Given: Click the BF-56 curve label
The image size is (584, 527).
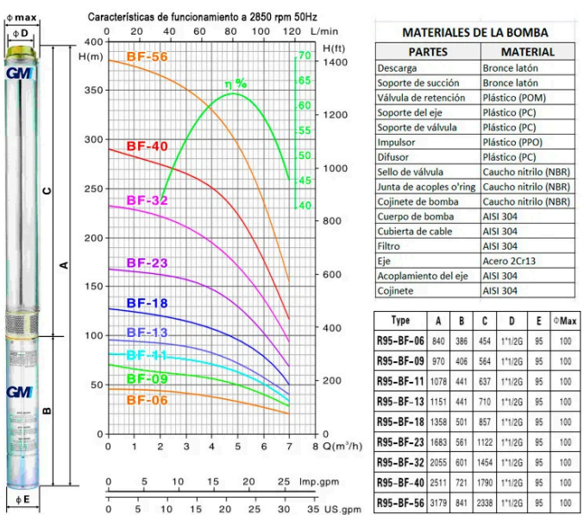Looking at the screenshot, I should click(x=147, y=57).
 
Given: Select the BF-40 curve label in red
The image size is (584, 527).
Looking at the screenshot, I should click(x=147, y=146).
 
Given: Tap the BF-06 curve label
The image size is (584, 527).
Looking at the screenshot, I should click(x=147, y=399).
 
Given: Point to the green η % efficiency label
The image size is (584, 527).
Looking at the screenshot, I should click(x=235, y=84).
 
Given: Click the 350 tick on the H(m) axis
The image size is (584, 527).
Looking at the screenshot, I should click(x=93, y=90).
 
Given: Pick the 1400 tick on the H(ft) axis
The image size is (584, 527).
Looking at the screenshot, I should click(x=336, y=63).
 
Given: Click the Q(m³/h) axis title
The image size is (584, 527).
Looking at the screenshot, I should click(x=341, y=447).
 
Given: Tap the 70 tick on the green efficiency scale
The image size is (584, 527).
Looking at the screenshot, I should click(x=304, y=55).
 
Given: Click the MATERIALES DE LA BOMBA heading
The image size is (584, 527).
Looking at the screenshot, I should click(x=474, y=33).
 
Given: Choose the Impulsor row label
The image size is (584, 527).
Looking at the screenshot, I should click(x=399, y=142).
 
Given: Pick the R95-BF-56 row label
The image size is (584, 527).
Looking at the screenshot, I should click(x=400, y=504).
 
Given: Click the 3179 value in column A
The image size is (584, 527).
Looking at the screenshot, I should click(x=439, y=504).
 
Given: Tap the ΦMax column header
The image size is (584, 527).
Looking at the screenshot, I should click(x=565, y=321).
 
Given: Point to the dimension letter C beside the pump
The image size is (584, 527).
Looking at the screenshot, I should click(x=47, y=190).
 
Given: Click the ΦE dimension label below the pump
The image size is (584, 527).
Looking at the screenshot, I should click(x=21, y=499).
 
